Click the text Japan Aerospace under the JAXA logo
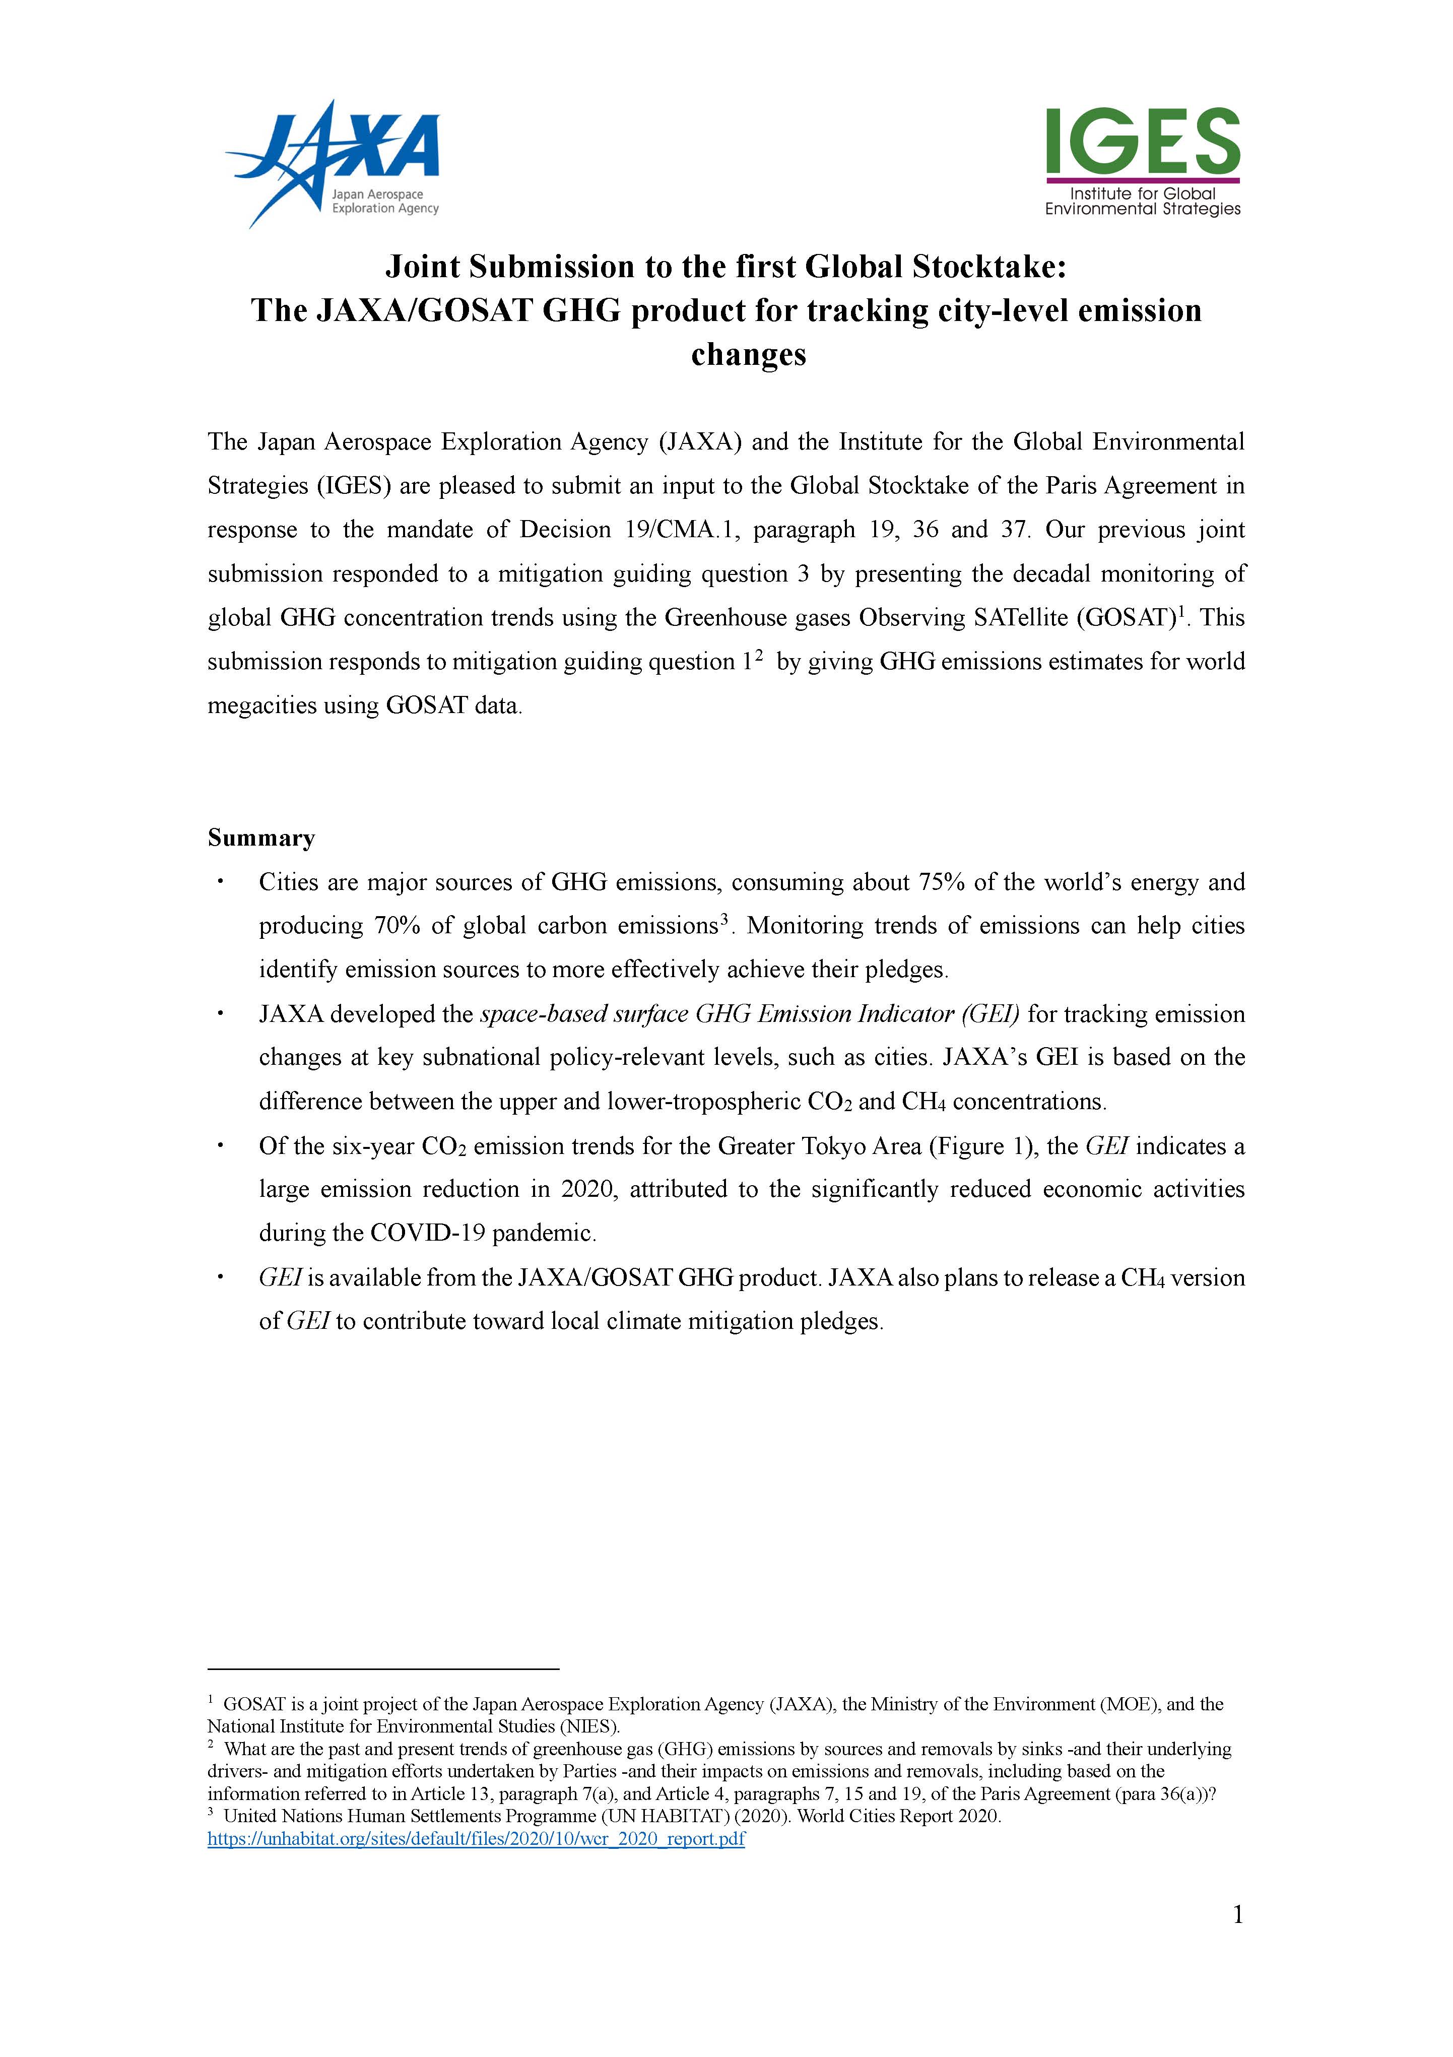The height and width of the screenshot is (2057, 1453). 377,195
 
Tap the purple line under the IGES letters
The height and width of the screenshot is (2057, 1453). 1142,180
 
